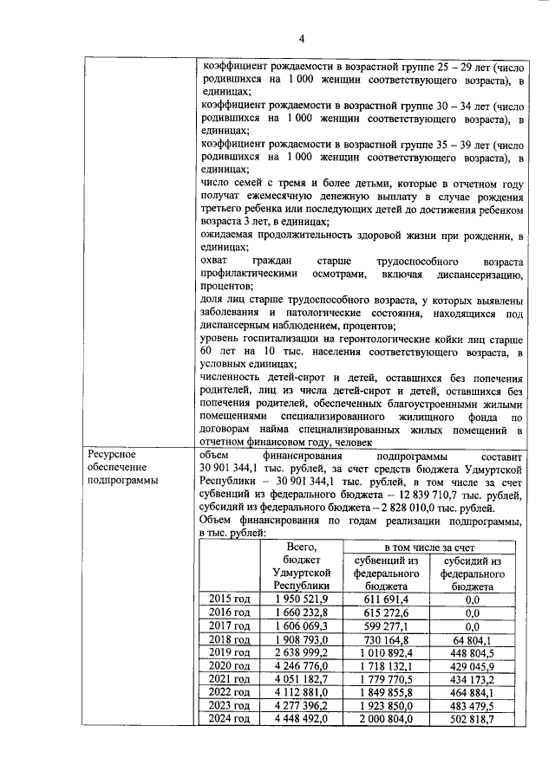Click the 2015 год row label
[x=230, y=599]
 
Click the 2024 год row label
[x=230, y=719]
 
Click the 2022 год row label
[x=230, y=693]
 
